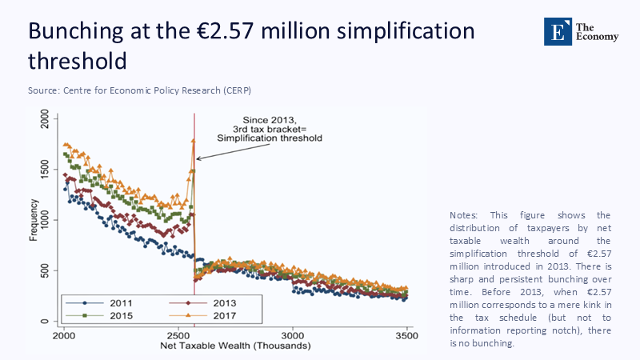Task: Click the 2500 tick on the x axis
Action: [179, 335]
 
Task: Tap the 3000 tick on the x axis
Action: [294, 335]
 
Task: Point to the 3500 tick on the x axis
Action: [407, 335]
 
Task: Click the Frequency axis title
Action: [34, 220]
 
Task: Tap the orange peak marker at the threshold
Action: [194, 142]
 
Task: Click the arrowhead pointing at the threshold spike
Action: [198, 158]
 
